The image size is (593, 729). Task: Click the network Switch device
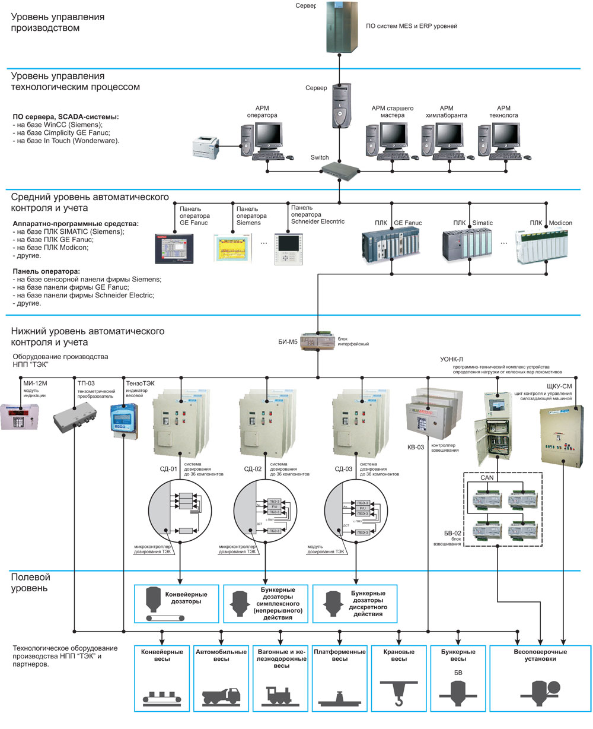pyautogui.click(x=340, y=170)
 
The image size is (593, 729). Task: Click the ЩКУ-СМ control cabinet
pyautogui.click(x=562, y=433)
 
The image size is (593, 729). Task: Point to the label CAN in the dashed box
pyautogui.click(x=486, y=477)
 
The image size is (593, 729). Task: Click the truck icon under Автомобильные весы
pyautogui.click(x=221, y=696)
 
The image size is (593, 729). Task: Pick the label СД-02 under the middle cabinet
pyautogui.click(x=253, y=470)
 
